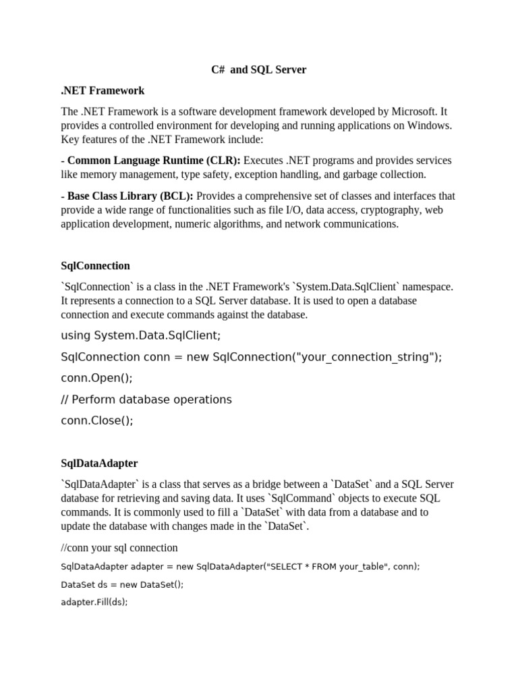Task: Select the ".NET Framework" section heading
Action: pyautogui.click(x=103, y=90)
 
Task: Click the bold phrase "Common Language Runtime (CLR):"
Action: pyautogui.click(x=153, y=161)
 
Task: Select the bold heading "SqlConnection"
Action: pyautogui.click(x=95, y=266)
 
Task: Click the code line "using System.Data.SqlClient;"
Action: pyautogui.click(x=140, y=335)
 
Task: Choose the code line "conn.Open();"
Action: pyautogui.click(x=96, y=378)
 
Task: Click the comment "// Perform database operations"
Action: pyautogui.click(x=146, y=399)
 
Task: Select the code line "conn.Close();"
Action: pyautogui.click(x=97, y=420)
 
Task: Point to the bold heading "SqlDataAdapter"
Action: pyautogui.click(x=99, y=464)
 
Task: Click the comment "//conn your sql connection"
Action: pyautogui.click(x=119, y=548)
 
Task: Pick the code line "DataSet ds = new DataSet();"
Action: pyautogui.click(x=121, y=584)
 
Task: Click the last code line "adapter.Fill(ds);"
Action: pyautogui.click(x=94, y=602)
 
